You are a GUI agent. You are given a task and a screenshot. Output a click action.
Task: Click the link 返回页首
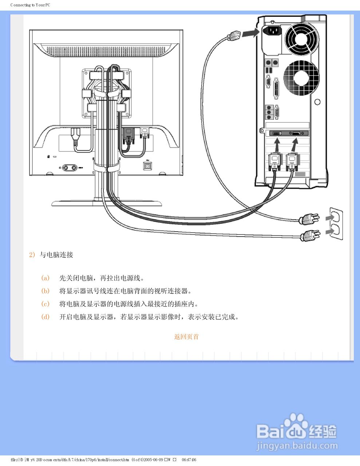[186, 337]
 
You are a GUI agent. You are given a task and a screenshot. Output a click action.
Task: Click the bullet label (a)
[45, 278]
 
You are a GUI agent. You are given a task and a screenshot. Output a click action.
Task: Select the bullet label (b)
[45, 291]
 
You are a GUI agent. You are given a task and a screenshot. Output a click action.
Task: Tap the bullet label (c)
[45, 304]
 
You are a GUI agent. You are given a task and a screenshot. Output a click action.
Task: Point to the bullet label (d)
[45, 317]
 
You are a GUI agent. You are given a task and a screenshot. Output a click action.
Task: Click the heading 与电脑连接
[56, 255]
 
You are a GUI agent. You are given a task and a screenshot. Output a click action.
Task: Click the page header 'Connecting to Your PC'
[30, 5]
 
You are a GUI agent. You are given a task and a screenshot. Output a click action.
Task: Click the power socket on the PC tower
[272, 31]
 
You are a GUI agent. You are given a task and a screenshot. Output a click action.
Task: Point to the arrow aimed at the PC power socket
[250, 33]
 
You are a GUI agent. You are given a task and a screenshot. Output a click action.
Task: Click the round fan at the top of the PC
[302, 37]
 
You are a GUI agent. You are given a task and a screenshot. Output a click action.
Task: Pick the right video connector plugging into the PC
[293, 161]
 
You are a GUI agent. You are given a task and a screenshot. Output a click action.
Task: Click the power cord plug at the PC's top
[234, 36]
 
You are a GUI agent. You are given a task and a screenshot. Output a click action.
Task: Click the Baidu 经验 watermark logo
[297, 432]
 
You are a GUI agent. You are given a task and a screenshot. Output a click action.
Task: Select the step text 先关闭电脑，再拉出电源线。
[102, 278]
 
